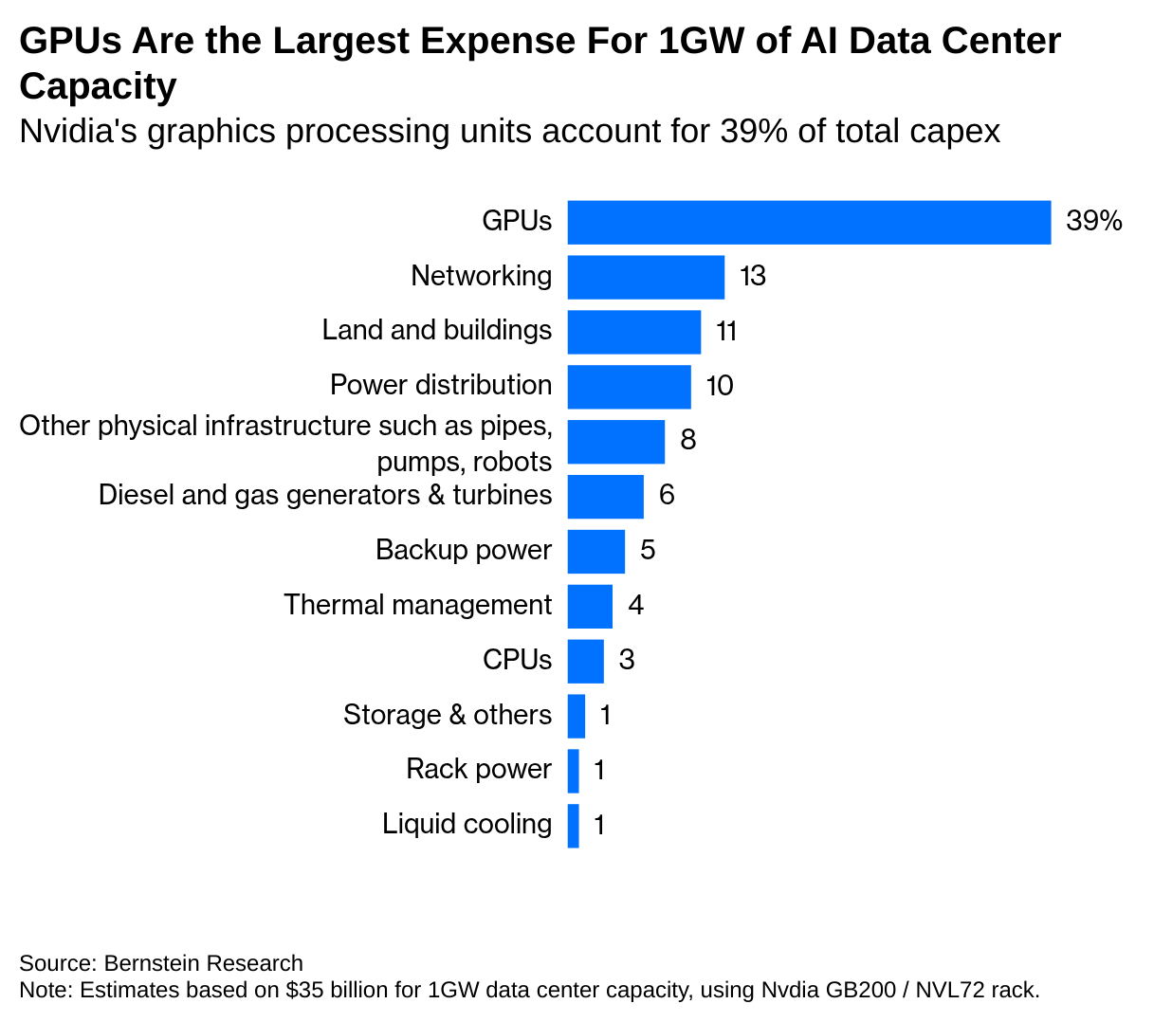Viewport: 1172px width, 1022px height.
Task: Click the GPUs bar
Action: pyautogui.click(x=809, y=223)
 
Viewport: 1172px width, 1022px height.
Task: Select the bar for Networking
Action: pyautogui.click(x=646, y=277)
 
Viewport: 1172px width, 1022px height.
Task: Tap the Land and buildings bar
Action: pyautogui.click(x=634, y=332)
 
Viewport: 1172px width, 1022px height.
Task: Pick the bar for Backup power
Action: pyautogui.click(x=596, y=552)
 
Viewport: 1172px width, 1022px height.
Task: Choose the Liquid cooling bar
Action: pyautogui.click(x=574, y=826)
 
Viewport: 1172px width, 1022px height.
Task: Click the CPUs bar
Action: pyautogui.click(x=586, y=662)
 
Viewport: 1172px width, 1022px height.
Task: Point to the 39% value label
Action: pyautogui.click(x=1093, y=221)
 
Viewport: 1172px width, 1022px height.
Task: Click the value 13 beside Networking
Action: pyautogui.click(x=752, y=276)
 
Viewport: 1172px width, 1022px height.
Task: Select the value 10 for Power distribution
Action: pyautogui.click(x=720, y=386)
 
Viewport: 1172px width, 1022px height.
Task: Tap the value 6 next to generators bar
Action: pyautogui.click(x=667, y=495)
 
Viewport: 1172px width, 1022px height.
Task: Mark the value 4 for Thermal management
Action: pyautogui.click(x=635, y=605)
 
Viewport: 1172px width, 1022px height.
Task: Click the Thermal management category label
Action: pyautogui.click(x=417, y=605)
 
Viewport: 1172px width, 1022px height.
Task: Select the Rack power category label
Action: pyautogui.click(x=478, y=769)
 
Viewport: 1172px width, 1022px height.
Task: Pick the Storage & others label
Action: pyautogui.click(x=447, y=715)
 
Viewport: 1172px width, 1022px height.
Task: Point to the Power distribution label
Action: pyautogui.click(x=440, y=385)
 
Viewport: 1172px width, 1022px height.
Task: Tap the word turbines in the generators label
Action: pyautogui.click(x=502, y=495)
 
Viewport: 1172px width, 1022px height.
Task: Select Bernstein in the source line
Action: pyautogui.click(x=153, y=963)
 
